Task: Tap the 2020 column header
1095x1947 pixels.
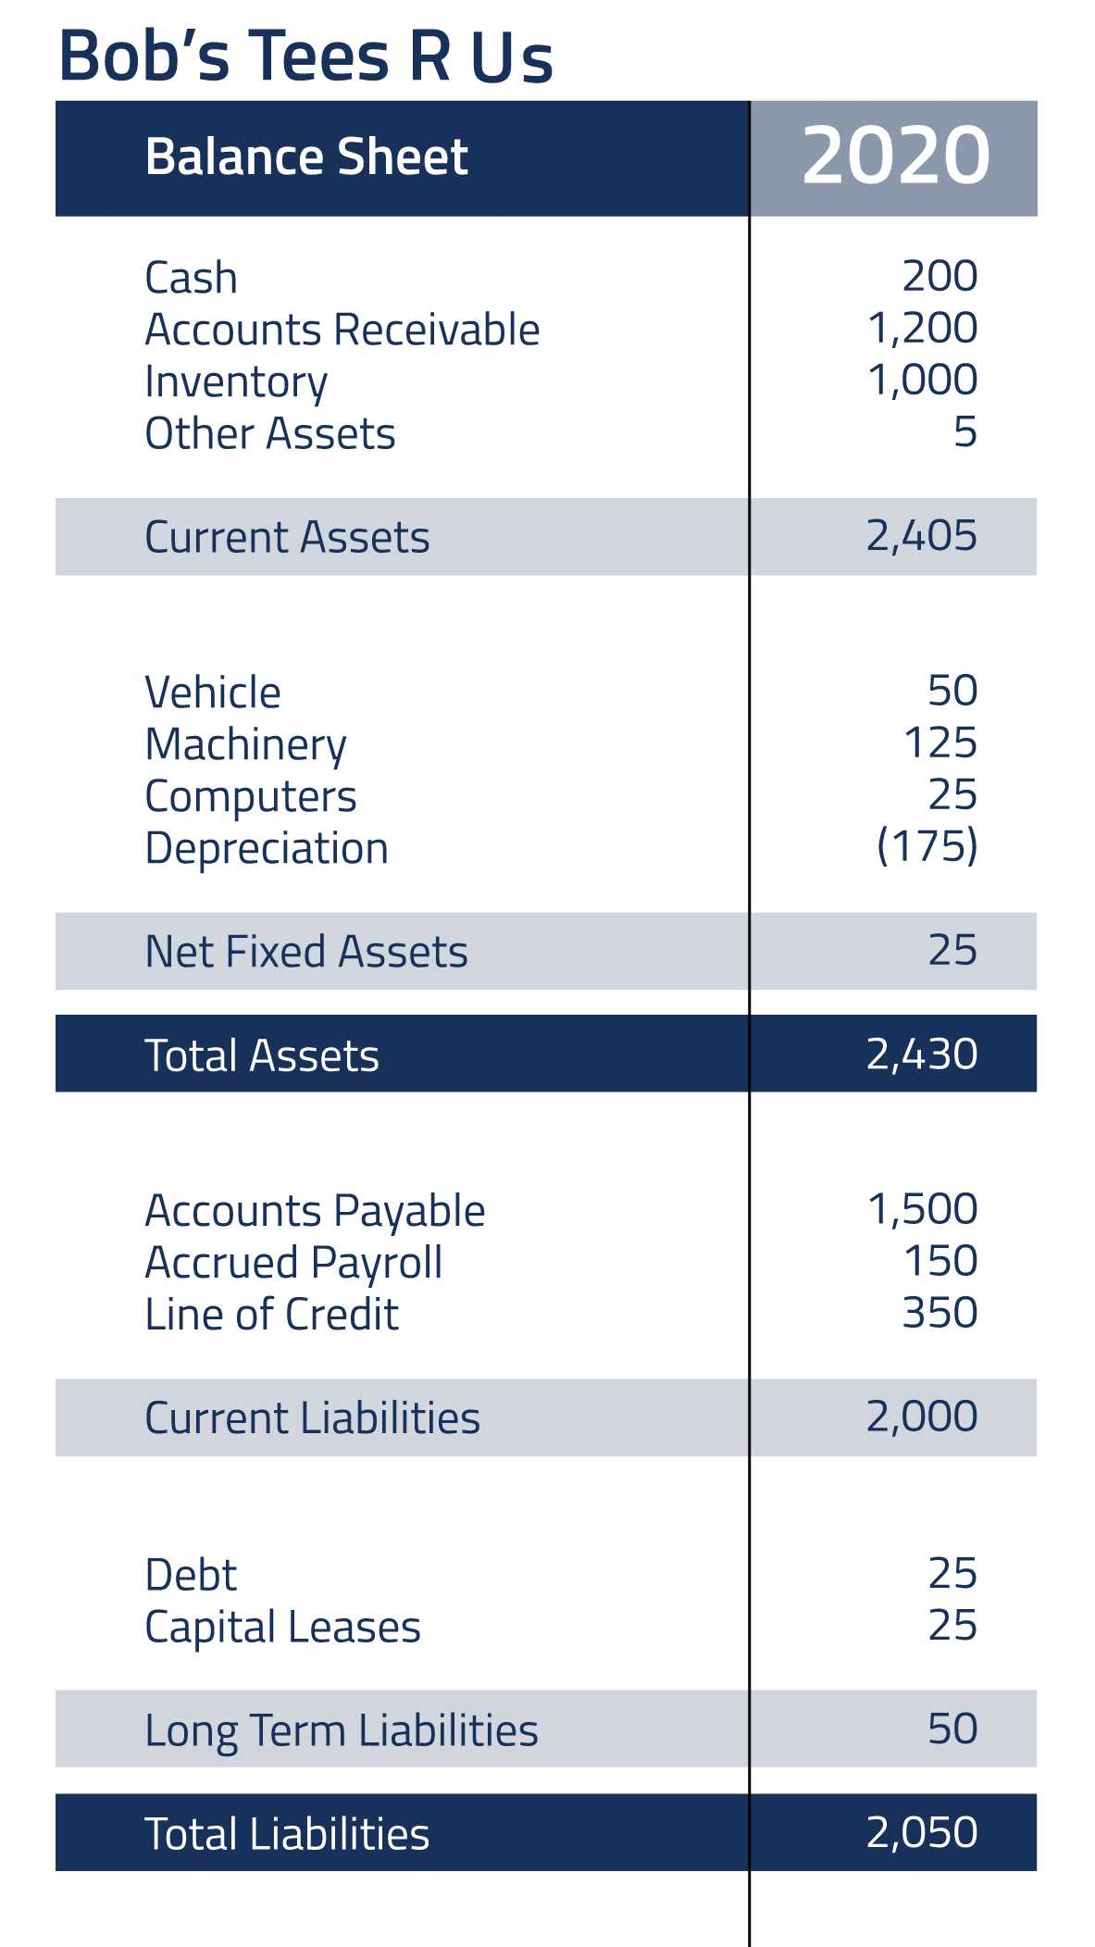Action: [895, 156]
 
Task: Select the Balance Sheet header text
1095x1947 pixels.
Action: [306, 156]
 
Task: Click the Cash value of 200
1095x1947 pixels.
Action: [939, 276]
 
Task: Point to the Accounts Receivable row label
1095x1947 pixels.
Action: [342, 330]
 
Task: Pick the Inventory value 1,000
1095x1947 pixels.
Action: [922, 380]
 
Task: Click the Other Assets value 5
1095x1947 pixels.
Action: [965, 431]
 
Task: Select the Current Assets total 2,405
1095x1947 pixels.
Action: [922, 535]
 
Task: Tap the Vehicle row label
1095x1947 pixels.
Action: [213, 693]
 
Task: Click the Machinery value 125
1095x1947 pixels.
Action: [939, 743]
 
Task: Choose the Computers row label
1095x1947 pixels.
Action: [251, 796]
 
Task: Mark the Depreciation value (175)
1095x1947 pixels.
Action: [927, 846]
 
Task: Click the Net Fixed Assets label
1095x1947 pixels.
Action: [306, 952]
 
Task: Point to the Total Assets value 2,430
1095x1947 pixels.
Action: [922, 1054]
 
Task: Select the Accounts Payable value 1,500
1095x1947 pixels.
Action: [922, 1209]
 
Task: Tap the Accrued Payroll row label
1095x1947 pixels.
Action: [294, 1263]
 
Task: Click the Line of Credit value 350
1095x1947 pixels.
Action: [939, 1313]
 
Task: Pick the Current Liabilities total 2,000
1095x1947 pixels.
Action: [922, 1417]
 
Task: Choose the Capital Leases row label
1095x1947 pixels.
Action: [283, 1628]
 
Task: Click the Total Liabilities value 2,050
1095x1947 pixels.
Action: [922, 1832]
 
